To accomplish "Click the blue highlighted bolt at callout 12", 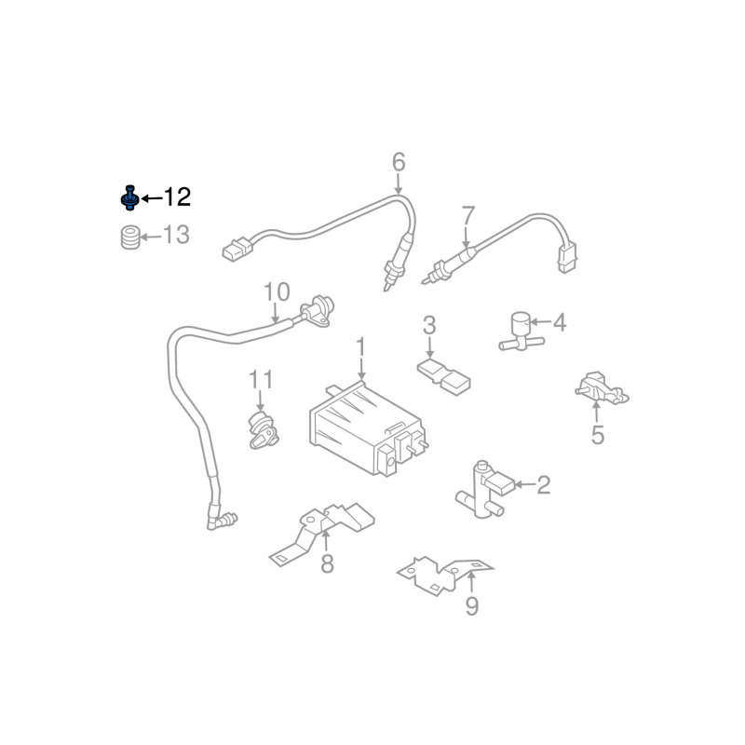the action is (x=129, y=198).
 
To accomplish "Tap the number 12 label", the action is (x=177, y=196).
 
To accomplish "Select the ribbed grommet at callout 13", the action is (x=129, y=237).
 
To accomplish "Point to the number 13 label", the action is (x=176, y=235).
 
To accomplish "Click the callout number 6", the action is (x=399, y=162).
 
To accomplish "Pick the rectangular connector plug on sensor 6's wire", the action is (x=237, y=249).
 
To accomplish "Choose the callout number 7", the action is (x=468, y=216).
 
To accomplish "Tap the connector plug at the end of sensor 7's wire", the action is (x=567, y=257).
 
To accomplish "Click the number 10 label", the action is (x=277, y=291).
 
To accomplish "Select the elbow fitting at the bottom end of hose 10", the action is (x=222, y=520).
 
